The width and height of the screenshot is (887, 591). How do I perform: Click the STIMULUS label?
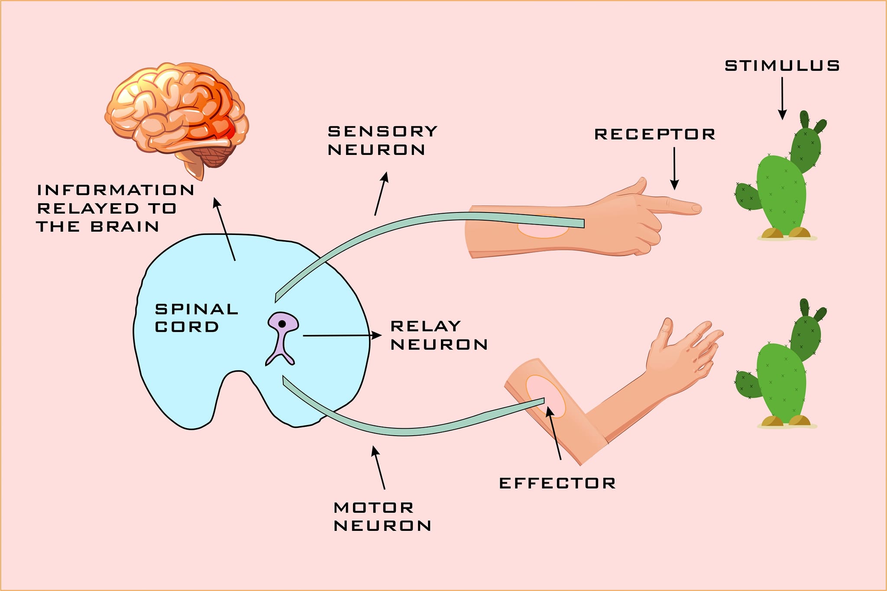point(782,66)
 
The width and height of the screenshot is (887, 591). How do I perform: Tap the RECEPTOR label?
point(655,134)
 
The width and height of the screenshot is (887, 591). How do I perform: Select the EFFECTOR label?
point(557,483)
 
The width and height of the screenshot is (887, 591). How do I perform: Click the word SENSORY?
point(383,131)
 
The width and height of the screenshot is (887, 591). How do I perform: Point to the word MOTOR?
point(374,507)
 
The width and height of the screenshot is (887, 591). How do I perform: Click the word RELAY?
point(426,326)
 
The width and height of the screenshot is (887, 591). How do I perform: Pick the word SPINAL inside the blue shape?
point(197,309)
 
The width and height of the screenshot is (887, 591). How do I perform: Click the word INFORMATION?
point(116,190)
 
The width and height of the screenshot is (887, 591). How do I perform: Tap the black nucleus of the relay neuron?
point(282,324)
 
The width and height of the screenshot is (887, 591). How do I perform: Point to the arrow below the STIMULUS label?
point(782,98)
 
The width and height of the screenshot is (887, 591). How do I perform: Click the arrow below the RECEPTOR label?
point(674,168)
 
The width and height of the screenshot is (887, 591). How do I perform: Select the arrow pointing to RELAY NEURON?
point(342,335)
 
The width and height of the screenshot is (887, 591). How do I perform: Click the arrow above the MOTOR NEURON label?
point(378,468)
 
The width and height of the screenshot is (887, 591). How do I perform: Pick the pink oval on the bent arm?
point(546,396)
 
